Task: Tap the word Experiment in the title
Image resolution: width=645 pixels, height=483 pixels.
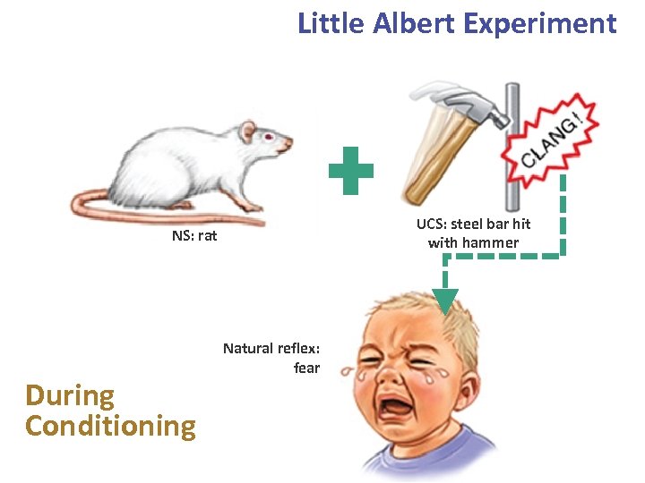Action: [x=540, y=23]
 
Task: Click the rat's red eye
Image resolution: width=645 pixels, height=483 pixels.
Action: [x=267, y=137]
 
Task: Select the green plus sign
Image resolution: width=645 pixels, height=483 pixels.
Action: [x=350, y=171]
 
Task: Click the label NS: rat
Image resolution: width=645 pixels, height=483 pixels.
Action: [x=194, y=237]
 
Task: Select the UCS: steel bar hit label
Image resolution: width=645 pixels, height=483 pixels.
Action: [x=473, y=224]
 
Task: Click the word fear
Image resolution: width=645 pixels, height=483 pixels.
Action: [x=306, y=368]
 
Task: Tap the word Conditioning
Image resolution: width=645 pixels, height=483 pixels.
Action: [x=110, y=426]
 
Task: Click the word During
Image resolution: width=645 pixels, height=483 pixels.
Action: [x=70, y=395]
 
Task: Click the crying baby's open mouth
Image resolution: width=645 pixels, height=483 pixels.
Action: [x=401, y=411]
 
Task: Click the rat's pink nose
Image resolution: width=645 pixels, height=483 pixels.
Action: [x=290, y=143]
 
